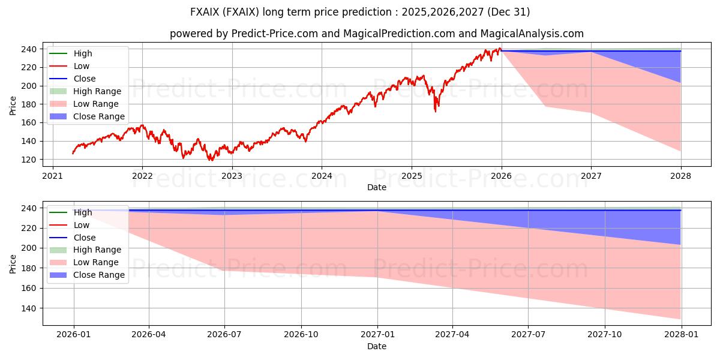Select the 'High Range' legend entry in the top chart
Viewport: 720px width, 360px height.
pos(97,91)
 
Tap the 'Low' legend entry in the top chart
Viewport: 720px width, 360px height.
pos(82,66)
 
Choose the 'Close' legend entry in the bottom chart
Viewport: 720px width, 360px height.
pos(84,238)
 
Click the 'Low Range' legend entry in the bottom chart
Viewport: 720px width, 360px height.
pos(96,262)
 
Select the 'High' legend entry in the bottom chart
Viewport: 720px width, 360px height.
pos(83,212)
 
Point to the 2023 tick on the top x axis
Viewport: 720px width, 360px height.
pos(232,176)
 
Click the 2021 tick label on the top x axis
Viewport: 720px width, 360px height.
pos(52,176)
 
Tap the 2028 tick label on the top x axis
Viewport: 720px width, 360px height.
pos(681,176)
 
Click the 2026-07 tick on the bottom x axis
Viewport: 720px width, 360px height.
pos(224,335)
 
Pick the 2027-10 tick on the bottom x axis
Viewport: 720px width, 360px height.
pos(604,335)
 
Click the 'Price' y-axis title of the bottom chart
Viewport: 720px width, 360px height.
pos(13,263)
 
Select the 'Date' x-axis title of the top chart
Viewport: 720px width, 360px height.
pos(376,188)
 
